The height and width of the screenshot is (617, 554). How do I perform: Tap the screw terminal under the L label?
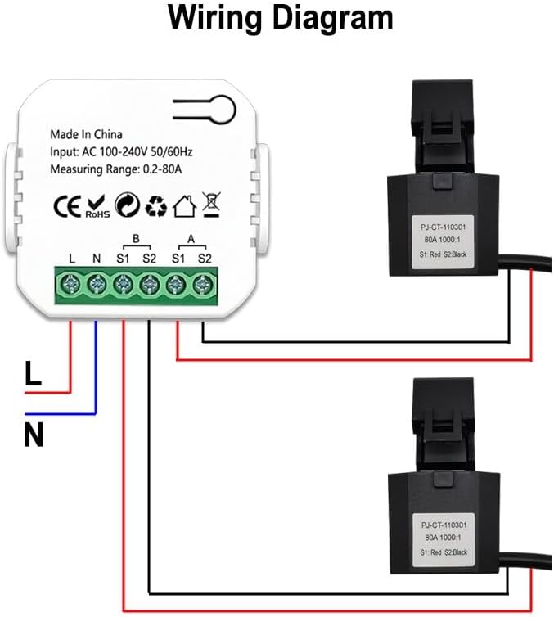pyautogui.click(x=72, y=285)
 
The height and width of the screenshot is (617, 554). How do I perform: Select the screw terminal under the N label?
pyautogui.click(x=97, y=285)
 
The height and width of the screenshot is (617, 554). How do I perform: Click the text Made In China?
pyautogui.click(x=86, y=134)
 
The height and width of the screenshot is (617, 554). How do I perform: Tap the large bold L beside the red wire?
pyautogui.click(x=33, y=375)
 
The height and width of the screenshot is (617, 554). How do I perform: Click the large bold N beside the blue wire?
pyautogui.click(x=34, y=435)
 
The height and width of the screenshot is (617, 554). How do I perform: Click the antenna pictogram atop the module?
pyautogui.click(x=204, y=107)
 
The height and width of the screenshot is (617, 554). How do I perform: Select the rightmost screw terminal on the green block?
pyautogui.click(x=202, y=285)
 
